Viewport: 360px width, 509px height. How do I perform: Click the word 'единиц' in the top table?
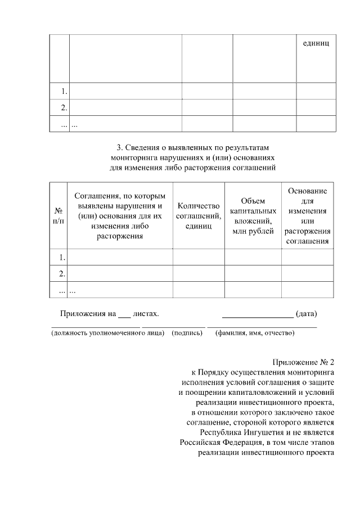pos(316,43)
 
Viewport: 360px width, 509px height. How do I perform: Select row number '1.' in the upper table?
pos(64,91)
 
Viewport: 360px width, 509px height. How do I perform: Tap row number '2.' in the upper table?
pos(64,107)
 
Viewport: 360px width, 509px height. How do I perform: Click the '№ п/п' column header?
pos(58,215)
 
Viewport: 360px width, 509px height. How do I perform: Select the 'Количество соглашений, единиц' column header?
pos(198,215)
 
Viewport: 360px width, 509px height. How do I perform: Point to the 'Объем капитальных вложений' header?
pos(253,215)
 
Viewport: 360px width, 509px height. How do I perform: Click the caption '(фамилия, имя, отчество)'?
pos(255,333)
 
